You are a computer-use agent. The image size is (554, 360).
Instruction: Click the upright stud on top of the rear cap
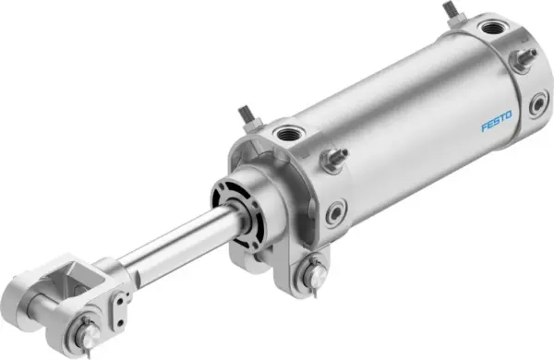(452, 12)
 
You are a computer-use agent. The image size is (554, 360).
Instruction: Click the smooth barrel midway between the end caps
(406, 120)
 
